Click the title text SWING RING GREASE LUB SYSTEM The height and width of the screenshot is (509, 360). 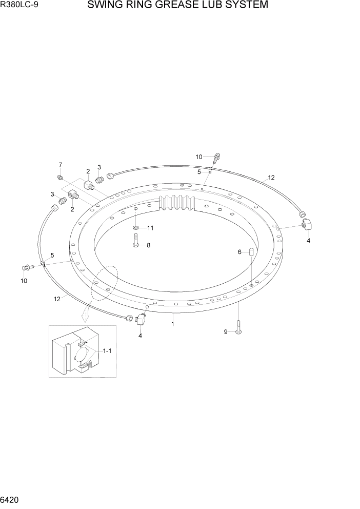177,6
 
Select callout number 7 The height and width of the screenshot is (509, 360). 60,165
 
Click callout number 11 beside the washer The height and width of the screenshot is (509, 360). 150,227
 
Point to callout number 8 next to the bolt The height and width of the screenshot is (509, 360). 148,245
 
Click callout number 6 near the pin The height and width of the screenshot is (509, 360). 239,252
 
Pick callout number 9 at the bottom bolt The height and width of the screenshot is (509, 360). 225,332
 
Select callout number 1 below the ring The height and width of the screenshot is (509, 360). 173,324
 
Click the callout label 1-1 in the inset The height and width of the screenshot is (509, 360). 107,351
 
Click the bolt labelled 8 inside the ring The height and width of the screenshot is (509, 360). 135,240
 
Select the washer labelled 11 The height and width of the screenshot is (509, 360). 135,227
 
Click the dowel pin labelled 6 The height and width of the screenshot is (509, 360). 251,251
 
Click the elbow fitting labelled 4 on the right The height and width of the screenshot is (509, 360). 307,224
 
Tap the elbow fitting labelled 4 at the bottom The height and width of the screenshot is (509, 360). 141,321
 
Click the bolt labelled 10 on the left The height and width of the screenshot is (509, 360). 27,267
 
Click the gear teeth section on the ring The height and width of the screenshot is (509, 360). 178,203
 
